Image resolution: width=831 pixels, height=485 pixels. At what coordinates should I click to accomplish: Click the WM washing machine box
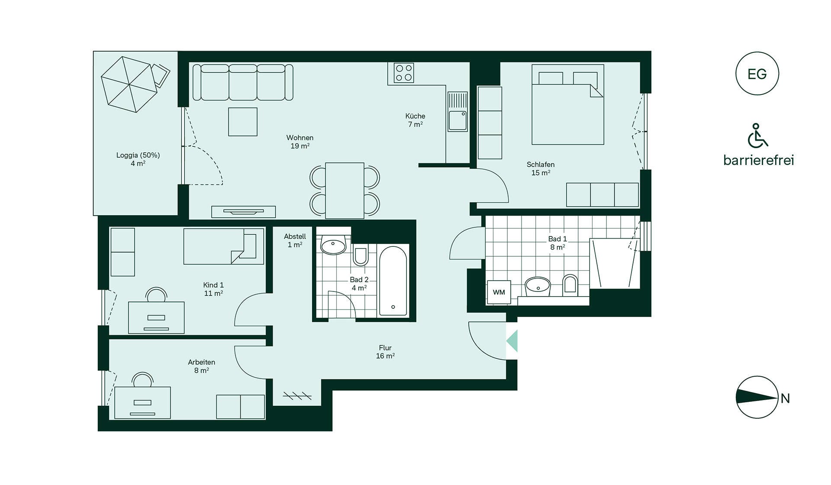499,292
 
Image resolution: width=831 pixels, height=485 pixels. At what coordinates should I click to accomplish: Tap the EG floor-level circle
757,74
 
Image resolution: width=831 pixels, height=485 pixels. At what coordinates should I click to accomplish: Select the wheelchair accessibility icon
758,135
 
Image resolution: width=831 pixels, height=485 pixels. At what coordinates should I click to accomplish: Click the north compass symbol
757,397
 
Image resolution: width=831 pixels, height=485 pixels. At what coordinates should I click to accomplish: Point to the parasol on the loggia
129,84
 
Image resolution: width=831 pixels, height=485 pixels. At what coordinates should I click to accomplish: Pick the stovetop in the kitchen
404,73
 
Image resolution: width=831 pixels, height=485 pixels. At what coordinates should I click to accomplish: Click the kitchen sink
457,111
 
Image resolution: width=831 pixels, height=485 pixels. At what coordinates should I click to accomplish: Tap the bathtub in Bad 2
393,281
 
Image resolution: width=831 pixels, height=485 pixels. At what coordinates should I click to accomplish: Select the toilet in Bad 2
360,255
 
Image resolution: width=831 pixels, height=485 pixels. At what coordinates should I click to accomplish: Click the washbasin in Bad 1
538,286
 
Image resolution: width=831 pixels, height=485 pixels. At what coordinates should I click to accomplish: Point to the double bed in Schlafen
568,104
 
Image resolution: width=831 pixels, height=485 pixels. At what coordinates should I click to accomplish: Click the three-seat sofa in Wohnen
243,82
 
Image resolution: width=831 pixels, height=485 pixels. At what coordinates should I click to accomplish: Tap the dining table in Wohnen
345,191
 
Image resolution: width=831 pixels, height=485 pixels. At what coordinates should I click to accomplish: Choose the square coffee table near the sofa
243,122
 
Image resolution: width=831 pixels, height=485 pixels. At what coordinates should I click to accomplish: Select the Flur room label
385,352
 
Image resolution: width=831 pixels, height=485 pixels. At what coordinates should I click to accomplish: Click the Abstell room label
295,240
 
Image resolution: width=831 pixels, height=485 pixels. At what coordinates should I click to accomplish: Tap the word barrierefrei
759,160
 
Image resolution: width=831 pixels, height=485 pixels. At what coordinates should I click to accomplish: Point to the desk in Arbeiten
142,403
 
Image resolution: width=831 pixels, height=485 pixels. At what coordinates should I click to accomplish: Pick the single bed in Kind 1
224,246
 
